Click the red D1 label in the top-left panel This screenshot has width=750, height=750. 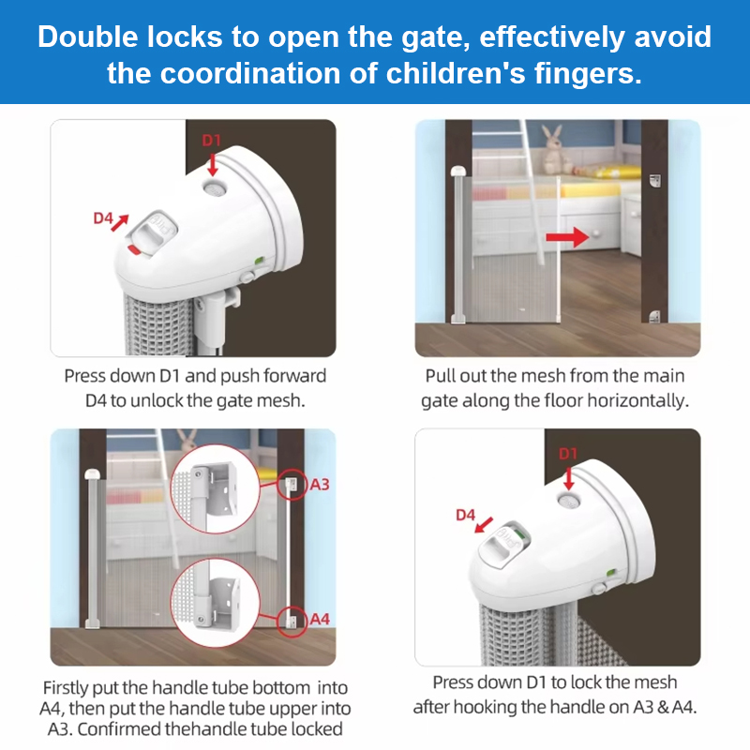click(212, 140)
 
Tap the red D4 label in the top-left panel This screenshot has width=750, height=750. click(103, 218)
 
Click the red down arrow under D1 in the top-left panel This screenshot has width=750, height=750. click(213, 164)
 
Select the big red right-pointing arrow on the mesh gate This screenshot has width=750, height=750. click(567, 237)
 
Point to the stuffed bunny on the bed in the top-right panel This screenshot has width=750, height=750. click(556, 149)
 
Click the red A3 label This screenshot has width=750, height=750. click(320, 485)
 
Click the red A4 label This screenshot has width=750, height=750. click(320, 620)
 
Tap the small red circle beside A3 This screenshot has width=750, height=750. click(292, 485)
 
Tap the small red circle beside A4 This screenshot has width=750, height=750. click(292, 622)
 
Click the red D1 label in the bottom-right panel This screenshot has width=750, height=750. click(568, 454)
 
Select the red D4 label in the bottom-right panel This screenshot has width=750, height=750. click(465, 515)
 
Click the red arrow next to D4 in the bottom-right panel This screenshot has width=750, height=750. click(484, 524)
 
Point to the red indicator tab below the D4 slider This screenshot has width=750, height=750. click(134, 249)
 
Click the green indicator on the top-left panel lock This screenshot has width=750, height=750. click(259, 261)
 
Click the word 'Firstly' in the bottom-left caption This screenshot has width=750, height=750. click(65, 688)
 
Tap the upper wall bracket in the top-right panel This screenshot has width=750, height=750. click(654, 181)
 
